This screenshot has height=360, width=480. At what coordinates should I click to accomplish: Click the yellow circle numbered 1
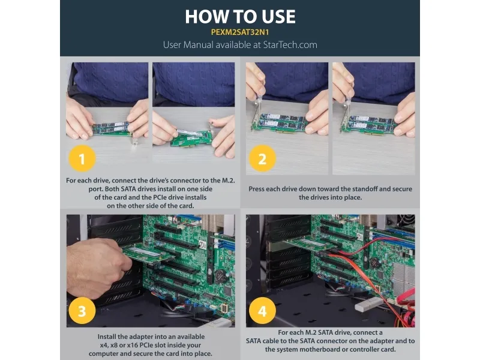pos(82,158)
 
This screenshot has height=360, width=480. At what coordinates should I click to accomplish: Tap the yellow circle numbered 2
pos(262,158)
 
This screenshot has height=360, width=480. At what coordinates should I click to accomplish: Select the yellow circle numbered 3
pos(82,311)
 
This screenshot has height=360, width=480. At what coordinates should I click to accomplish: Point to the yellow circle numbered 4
pos(262,311)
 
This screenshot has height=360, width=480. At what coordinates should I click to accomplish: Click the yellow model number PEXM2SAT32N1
pos(240,32)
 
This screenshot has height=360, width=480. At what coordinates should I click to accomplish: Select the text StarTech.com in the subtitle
pos(290,44)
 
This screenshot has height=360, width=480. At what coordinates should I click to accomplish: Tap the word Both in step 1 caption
pos(112,189)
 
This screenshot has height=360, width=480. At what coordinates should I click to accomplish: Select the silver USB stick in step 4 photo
pos(369,304)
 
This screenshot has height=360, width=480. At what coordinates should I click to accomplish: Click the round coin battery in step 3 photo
pos(220,276)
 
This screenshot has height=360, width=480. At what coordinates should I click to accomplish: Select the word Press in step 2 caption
pos(257,189)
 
